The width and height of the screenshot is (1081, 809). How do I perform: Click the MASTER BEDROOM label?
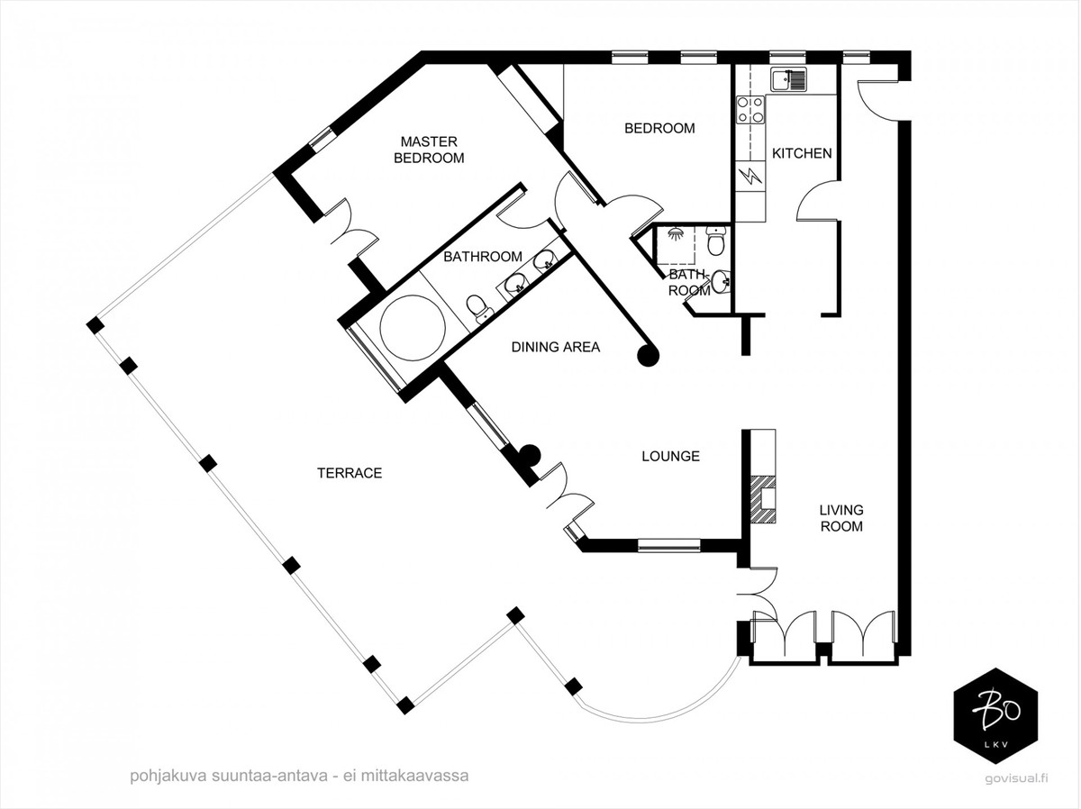(429, 150)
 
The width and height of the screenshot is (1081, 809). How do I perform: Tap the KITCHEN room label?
(802, 154)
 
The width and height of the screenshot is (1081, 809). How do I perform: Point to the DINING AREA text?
(556, 347)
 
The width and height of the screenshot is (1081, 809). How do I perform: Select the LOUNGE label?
(671, 456)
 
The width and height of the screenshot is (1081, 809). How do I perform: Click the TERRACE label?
(350, 473)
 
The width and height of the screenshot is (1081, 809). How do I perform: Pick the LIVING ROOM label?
(841, 518)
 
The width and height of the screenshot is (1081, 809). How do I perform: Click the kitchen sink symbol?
(788, 80)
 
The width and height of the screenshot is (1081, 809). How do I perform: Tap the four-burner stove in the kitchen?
(750, 109)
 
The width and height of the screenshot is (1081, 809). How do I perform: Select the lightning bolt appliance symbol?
(750, 176)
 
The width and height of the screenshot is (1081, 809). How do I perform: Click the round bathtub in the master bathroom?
(413, 327)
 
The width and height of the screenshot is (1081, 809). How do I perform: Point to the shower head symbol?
(676, 233)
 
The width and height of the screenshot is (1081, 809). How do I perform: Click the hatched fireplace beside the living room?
(763, 500)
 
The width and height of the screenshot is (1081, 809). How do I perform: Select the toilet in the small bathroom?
(714, 241)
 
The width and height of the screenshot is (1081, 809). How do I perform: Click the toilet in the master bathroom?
(477, 308)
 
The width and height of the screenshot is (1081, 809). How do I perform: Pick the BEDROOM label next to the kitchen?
(659, 129)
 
